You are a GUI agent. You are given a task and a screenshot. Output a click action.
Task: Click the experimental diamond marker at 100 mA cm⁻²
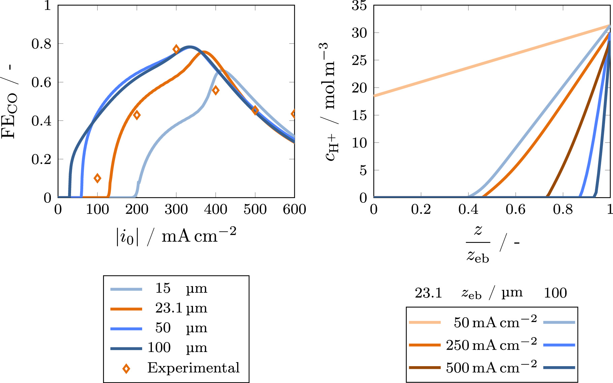(97, 178)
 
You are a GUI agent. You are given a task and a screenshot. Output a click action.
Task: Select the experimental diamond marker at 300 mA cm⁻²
(176, 49)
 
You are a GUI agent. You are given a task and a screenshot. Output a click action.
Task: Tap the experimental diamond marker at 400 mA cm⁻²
(216, 90)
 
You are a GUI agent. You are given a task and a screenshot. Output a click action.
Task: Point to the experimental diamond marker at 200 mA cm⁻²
(137, 115)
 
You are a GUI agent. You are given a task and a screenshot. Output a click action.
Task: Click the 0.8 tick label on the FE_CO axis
(41, 44)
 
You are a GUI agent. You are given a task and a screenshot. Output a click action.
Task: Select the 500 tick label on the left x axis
(255, 210)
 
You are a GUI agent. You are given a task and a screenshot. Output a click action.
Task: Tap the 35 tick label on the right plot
(359, 6)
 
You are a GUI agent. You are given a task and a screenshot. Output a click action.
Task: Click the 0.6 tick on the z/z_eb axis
(515, 210)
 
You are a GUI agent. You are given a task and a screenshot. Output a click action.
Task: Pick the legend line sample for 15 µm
(126, 289)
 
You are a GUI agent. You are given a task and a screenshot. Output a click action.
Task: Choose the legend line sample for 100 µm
(126, 349)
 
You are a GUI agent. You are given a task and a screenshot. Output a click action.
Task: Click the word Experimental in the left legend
(193, 368)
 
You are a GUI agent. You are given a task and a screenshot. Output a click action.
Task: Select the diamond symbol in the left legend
(126, 369)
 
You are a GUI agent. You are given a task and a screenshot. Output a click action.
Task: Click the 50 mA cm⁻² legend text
(495, 322)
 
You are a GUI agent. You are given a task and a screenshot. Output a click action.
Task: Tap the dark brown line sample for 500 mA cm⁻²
(424, 368)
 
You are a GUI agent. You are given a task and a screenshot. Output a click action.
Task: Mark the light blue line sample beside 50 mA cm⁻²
(559, 322)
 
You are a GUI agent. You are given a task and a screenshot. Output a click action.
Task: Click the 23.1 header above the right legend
(428, 293)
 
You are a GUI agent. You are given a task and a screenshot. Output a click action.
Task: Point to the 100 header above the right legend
(555, 293)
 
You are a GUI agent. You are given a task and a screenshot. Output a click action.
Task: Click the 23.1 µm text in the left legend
(181, 308)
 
